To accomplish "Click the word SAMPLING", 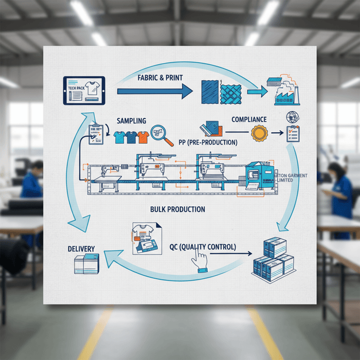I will pyautogui.click(x=132, y=120).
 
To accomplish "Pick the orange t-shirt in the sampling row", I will pyautogui.click(x=143, y=137).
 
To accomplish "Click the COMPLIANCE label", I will pyautogui.click(x=249, y=119).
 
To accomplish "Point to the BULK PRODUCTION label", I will pyautogui.click(x=177, y=209).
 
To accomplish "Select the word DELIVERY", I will pyautogui.click(x=81, y=249).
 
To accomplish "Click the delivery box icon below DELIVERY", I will pyautogui.click(x=86, y=264).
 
